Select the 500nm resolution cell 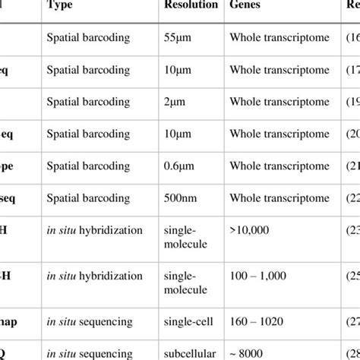coord(181,199)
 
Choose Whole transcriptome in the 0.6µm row coord(284,166)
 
